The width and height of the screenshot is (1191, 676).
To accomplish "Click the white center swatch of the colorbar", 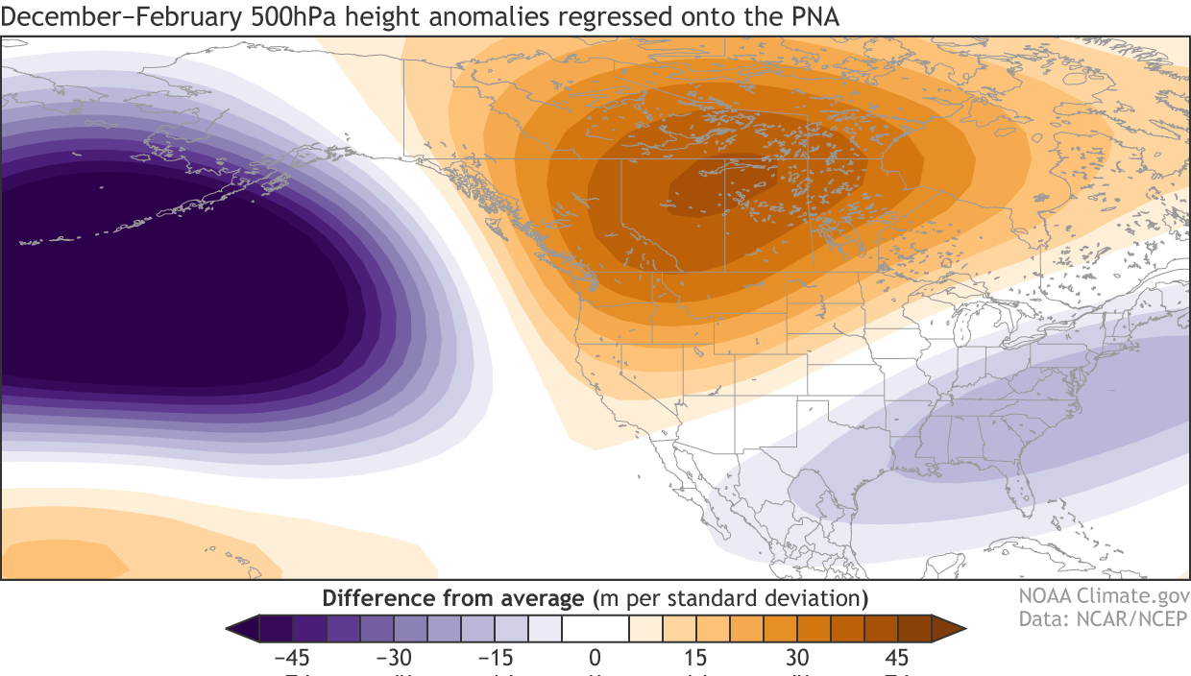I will click(x=595, y=629).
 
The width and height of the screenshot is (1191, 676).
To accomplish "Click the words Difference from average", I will click(x=453, y=598).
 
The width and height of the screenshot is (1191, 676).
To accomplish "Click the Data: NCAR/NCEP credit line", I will click(x=1103, y=618).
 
